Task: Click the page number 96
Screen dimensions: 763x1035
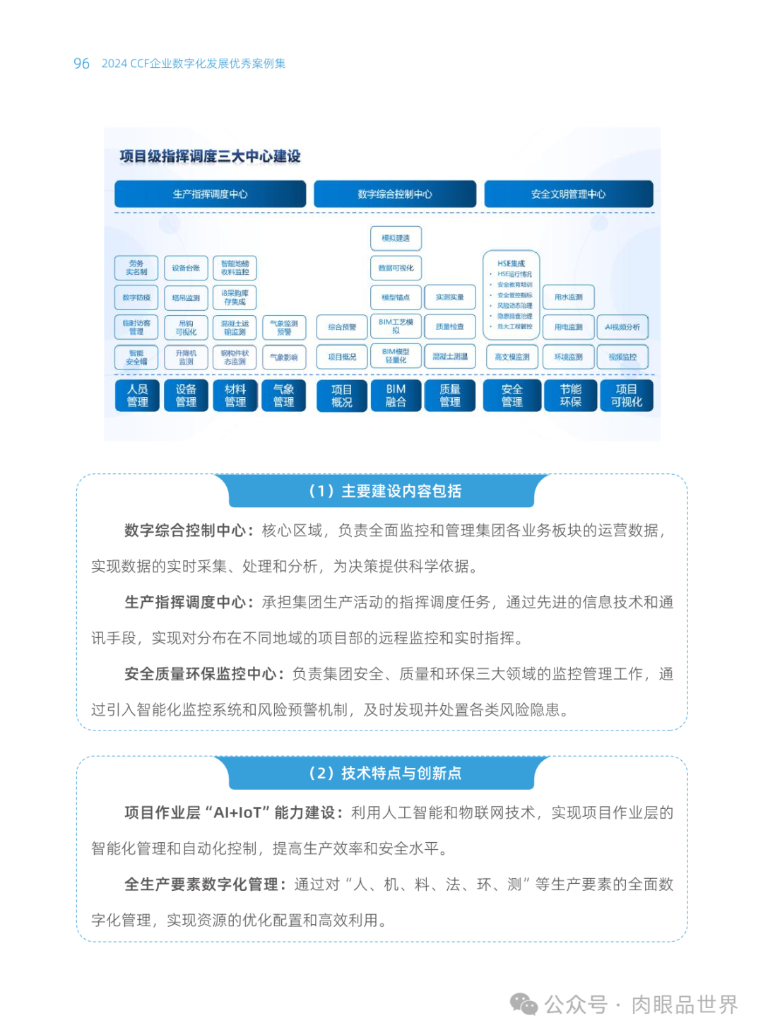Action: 81,64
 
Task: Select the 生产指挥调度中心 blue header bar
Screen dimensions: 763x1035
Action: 210,194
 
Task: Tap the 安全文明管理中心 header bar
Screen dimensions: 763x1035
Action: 568,194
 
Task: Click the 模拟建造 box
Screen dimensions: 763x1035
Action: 396,238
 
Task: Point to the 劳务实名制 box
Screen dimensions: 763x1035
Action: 136,268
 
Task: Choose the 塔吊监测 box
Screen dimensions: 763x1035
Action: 186,298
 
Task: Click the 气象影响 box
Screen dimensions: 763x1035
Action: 284,357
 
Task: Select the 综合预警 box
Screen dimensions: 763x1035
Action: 342,327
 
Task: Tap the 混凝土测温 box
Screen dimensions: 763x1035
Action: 450,357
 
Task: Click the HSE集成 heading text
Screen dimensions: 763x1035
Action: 511,264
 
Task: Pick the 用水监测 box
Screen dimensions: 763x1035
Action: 569,297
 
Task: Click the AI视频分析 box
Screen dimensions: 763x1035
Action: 622,327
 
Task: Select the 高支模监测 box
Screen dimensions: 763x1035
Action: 512,357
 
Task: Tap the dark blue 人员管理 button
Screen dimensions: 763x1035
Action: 137,396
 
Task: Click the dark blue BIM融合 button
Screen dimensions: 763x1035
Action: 396,396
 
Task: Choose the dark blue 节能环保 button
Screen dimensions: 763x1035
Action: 570,396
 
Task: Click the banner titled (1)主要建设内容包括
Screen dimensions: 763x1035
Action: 385,491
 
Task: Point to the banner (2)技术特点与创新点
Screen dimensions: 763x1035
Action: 385,773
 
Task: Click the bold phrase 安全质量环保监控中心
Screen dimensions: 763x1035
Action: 200,674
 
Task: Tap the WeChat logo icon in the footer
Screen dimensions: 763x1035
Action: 524,1004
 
